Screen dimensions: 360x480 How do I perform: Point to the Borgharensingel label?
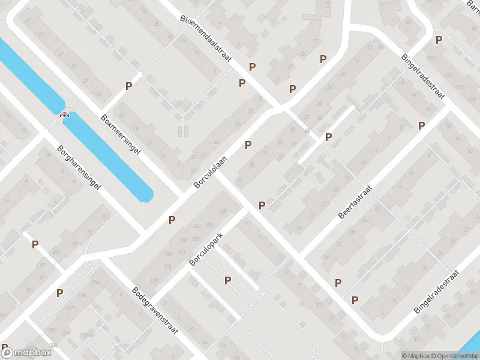tap(79, 168)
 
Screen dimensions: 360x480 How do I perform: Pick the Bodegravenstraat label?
tap(156, 314)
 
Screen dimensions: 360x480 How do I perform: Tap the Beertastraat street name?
tap(355, 202)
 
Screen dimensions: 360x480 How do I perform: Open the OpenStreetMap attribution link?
tap(454, 356)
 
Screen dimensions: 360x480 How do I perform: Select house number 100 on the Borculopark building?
tap(223, 211)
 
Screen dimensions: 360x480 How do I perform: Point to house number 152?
tap(196, 226)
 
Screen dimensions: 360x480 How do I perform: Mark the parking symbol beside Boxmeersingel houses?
tap(128, 86)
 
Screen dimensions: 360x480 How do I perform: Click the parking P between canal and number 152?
tap(172, 220)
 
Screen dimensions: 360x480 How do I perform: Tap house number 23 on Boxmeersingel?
tap(122, 114)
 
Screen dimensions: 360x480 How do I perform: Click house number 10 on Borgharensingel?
tap(48, 155)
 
